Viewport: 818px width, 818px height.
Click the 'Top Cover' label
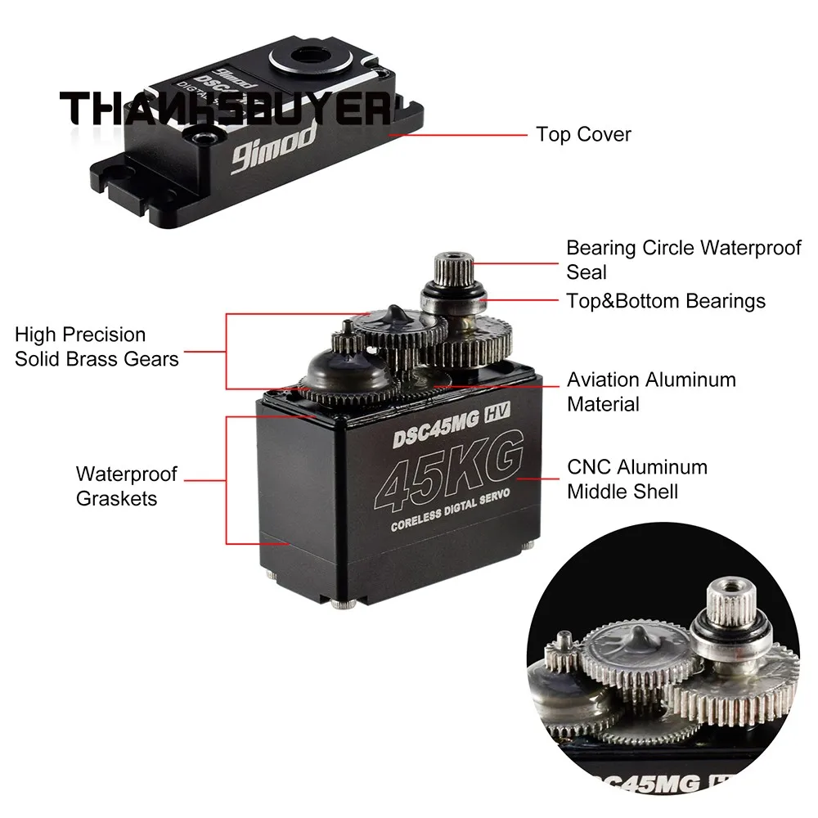click(583, 134)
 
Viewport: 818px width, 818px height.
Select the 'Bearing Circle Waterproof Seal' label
click(684, 258)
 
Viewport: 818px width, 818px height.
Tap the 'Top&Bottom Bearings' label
click(666, 301)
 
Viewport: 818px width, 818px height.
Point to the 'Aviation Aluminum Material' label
click(651, 392)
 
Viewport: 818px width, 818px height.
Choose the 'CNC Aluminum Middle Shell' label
click(636, 479)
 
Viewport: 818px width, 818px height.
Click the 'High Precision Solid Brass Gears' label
click(97, 346)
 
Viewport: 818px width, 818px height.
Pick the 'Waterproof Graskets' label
click(126, 486)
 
